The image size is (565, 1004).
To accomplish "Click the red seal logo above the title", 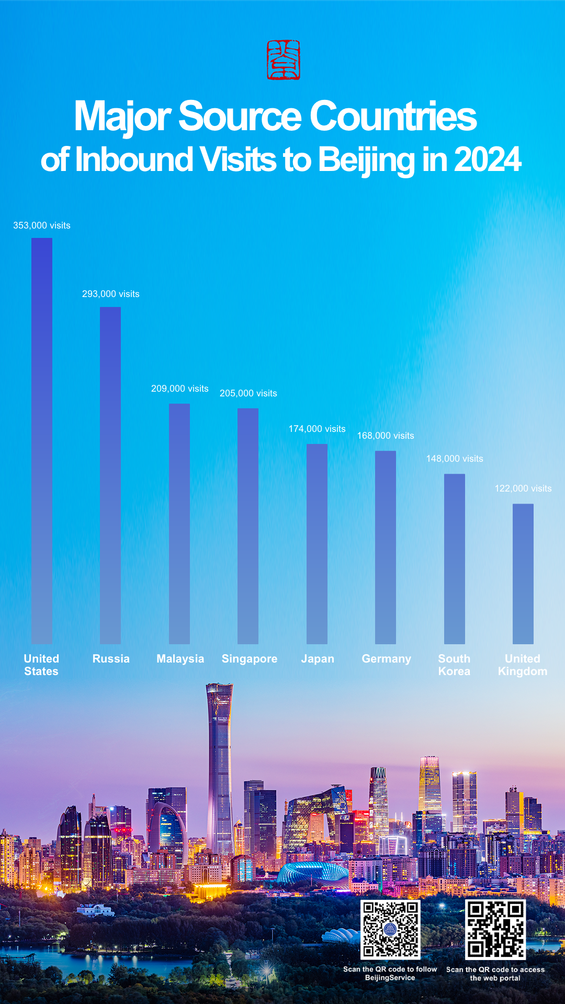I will (284, 60).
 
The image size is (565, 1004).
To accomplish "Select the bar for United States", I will (42, 441).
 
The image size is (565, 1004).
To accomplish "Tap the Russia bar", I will (110, 475).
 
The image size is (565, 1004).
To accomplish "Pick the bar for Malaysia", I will (179, 523).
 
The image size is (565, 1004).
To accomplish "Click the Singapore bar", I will (248, 526).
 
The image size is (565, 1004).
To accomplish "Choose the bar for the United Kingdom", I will (523, 574).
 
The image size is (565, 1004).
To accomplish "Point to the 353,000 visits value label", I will (42, 225).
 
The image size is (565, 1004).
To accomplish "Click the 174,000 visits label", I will (317, 429).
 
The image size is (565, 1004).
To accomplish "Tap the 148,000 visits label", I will (455, 459).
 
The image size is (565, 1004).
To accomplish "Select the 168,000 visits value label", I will (386, 436).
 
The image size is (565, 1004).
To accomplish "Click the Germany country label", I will (387, 659).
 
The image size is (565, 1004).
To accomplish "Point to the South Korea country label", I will (454, 665).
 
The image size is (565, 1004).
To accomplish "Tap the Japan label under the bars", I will (318, 659).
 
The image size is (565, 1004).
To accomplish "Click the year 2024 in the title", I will (488, 159).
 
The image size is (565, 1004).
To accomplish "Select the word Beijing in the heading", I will (366, 159).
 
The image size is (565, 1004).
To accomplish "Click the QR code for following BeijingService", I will (390, 929).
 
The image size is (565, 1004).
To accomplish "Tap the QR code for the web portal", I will (495, 929).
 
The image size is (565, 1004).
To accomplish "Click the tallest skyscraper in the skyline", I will (220, 763).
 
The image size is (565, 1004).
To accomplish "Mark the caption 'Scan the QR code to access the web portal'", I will (495, 974).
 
